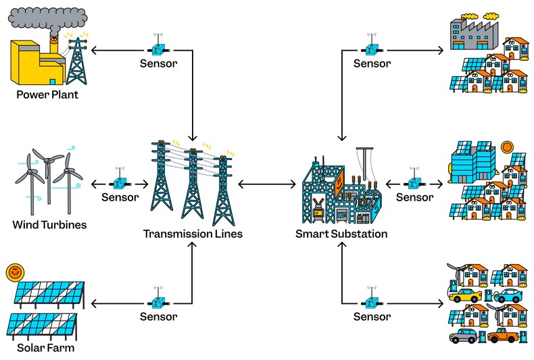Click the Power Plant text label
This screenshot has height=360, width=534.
point(47,95)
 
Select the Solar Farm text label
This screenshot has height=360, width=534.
point(46,348)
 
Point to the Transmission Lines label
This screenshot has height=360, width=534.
point(193,234)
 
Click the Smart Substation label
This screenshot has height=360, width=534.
point(341,234)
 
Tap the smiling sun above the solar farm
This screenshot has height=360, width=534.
point(13,273)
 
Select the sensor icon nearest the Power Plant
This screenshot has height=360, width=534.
point(157,49)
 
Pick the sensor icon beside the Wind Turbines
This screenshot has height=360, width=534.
point(120,183)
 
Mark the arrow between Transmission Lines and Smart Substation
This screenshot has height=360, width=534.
point(267,183)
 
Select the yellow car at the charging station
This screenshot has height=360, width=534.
point(467,295)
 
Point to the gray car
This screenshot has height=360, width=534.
point(463,336)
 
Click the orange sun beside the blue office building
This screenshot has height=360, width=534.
point(506,147)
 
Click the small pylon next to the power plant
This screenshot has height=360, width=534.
point(77,57)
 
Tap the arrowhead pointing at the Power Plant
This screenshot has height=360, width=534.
point(94,49)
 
